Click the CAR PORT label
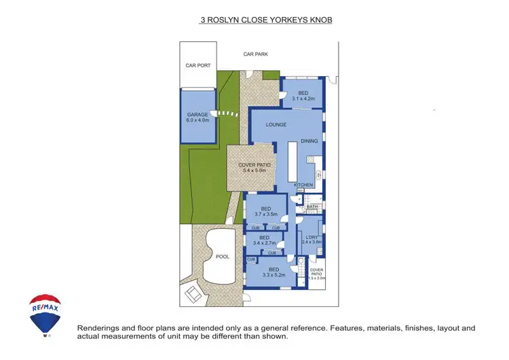[198, 66]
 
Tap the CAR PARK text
[257, 54]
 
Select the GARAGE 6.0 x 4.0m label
[198, 118]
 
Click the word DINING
[309, 141]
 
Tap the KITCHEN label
[303, 185]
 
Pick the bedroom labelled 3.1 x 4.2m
[304, 96]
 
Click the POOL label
[222, 257]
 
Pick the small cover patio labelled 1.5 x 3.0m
[317, 274]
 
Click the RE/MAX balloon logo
[45, 314]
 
